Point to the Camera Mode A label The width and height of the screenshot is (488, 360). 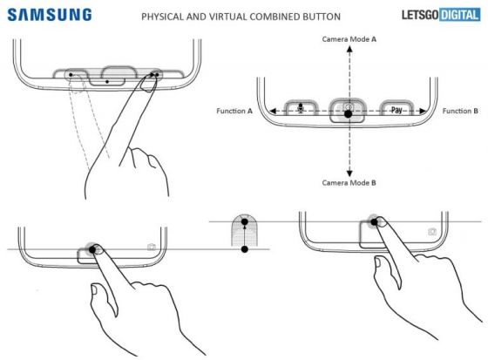coord(349,40)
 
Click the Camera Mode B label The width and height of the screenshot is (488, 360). coord(349,184)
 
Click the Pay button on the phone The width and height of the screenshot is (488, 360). coord(396,111)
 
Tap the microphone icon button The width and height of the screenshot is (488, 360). coord(302,110)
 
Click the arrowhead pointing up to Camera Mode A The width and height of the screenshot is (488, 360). coord(349,51)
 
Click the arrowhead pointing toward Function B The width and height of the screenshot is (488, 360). coord(424,111)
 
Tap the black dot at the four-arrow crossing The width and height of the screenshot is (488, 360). coord(349,115)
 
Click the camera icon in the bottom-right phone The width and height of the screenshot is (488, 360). coord(432,232)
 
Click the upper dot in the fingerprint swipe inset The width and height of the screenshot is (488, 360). coord(245,221)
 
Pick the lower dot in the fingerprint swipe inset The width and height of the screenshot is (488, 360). coord(245,250)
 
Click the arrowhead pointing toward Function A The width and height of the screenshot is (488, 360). coord(270,111)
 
